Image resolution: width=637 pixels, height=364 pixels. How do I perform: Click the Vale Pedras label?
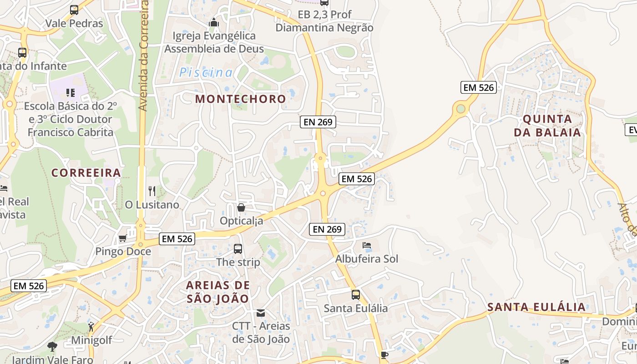74,24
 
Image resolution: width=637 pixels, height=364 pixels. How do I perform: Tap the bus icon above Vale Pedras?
74,10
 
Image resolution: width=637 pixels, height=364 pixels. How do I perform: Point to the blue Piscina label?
206,72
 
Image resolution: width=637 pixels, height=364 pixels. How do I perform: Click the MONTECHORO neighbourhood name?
241,99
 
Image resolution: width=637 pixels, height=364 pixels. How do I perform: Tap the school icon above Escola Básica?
70,93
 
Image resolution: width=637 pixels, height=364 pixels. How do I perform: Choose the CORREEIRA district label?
86,173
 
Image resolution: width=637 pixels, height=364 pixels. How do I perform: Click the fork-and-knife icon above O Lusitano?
152,191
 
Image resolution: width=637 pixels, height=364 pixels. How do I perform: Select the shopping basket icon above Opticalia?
241,207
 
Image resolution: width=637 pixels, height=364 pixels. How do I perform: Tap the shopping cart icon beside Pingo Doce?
122,238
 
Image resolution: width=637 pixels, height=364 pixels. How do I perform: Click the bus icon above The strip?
238,249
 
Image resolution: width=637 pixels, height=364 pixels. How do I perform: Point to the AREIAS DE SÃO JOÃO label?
218,292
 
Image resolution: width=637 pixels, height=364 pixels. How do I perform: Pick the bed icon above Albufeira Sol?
367,245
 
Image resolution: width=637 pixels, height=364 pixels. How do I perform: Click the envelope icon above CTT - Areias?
261,313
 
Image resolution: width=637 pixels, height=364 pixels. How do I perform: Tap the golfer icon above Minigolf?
91,326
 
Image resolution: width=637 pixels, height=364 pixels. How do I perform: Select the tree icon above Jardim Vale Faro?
52,346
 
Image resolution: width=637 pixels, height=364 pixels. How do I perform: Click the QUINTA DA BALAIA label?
547,126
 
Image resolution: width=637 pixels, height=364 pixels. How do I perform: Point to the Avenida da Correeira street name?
144,55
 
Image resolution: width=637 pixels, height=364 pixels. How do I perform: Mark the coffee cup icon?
384,355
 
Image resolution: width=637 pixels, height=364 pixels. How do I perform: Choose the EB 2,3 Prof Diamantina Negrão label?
324,21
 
